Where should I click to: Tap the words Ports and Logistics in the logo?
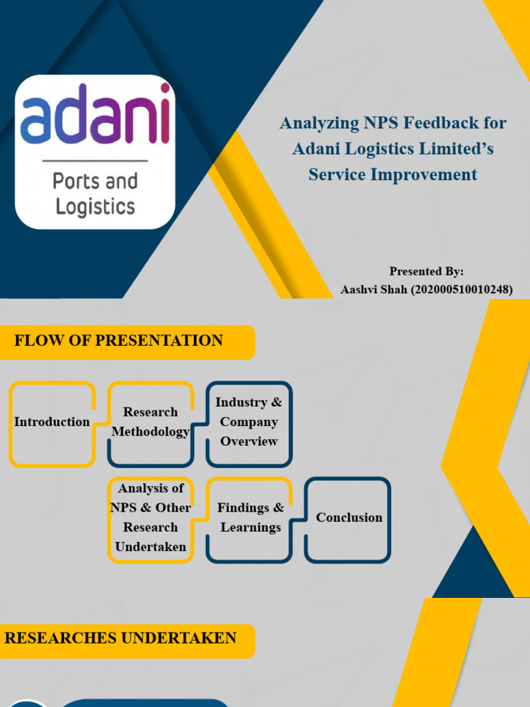(x=95, y=194)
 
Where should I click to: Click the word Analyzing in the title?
(x=319, y=124)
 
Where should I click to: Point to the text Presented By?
(x=426, y=271)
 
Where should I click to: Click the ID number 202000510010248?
(x=462, y=290)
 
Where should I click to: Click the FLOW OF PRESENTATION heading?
(x=118, y=340)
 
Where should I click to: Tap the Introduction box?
(x=52, y=422)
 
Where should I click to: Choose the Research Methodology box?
(x=150, y=422)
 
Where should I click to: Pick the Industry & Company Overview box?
(x=248, y=422)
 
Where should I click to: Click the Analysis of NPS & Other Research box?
(x=150, y=518)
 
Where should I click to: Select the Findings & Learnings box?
(x=250, y=518)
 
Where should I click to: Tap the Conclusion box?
(x=349, y=518)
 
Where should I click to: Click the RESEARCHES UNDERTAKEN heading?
(x=120, y=638)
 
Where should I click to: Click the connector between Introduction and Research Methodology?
(x=101, y=422)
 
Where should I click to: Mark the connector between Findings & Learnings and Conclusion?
(x=299, y=518)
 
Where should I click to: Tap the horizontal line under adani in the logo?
(x=95, y=161)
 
